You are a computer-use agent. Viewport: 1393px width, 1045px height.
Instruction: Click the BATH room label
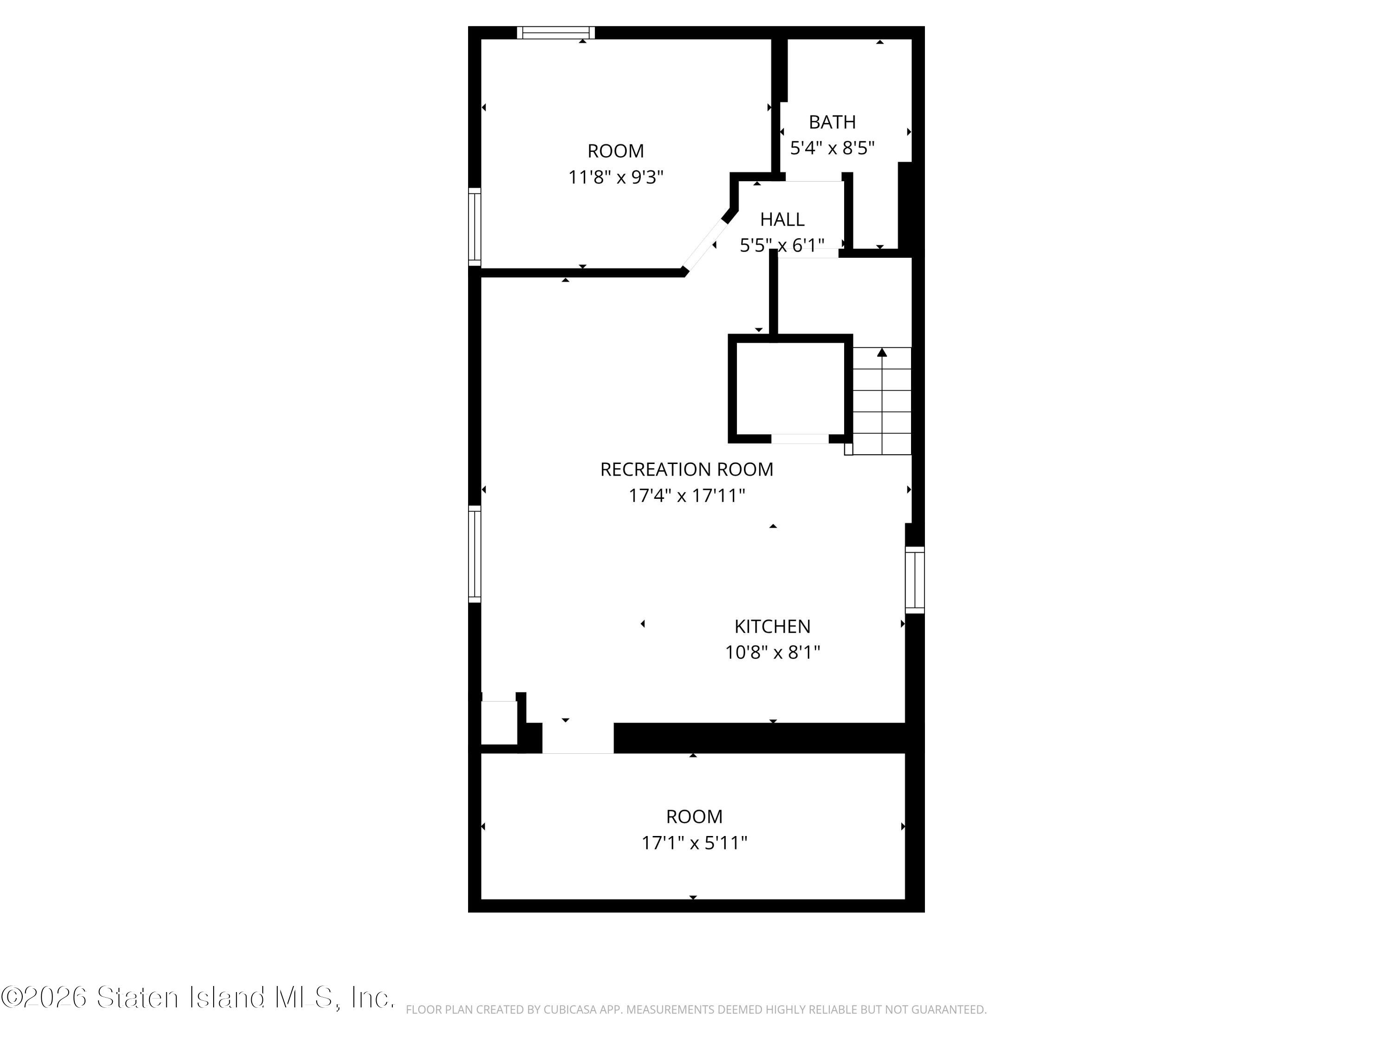(832, 122)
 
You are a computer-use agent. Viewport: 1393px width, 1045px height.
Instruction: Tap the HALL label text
(782, 219)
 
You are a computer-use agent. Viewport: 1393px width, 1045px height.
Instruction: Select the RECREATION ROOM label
(686, 469)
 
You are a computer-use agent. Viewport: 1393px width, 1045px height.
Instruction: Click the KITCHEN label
(772, 626)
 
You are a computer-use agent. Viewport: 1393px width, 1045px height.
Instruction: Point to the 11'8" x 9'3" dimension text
(616, 177)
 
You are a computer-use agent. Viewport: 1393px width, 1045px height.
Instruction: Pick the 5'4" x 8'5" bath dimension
(832, 148)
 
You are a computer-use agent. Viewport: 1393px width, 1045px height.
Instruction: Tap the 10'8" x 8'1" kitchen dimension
(772, 652)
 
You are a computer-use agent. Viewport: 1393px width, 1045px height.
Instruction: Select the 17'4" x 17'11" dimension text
(686, 496)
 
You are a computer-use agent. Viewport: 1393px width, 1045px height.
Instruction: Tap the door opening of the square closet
(800, 439)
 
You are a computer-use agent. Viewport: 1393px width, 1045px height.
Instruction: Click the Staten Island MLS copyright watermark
(198, 998)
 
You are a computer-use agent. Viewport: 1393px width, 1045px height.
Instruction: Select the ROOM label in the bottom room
(694, 816)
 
